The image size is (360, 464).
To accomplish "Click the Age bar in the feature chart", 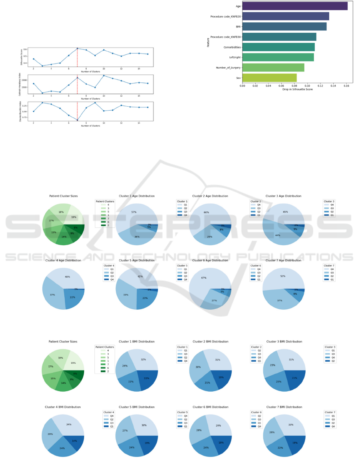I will [295, 6].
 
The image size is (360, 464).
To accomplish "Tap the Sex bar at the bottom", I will [269, 78].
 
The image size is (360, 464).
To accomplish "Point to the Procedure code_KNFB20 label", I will [225, 16].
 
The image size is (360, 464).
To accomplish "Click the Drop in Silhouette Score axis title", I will [297, 89].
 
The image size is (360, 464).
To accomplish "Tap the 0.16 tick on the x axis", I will [346, 85].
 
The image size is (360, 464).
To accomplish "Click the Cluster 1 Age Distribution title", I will [136, 196].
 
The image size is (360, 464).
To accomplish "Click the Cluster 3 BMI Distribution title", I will [283, 341].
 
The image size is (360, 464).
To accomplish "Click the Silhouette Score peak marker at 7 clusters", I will [77, 48].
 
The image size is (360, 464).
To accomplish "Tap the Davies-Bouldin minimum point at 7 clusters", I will [77, 120].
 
